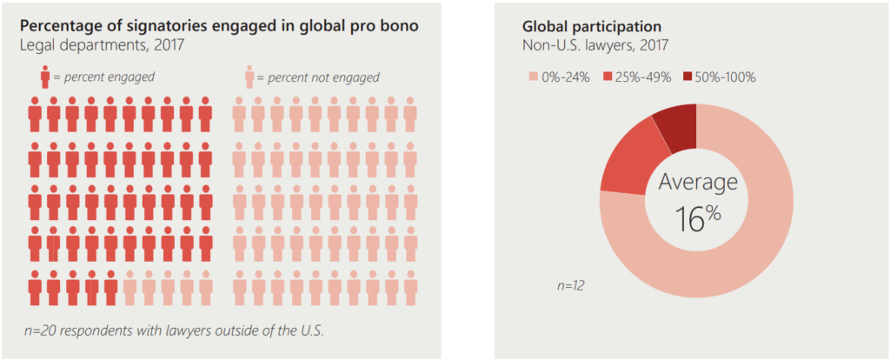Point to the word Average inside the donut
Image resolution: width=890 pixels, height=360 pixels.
[x=698, y=182]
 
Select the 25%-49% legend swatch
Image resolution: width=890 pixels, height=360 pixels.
[x=608, y=77]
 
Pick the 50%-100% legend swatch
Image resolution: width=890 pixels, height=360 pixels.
[x=689, y=77]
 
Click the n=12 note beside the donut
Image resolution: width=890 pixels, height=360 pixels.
[x=570, y=285]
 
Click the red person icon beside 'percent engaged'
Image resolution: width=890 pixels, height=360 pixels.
[x=44, y=77]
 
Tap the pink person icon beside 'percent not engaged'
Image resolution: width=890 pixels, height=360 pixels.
[x=249, y=77]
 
